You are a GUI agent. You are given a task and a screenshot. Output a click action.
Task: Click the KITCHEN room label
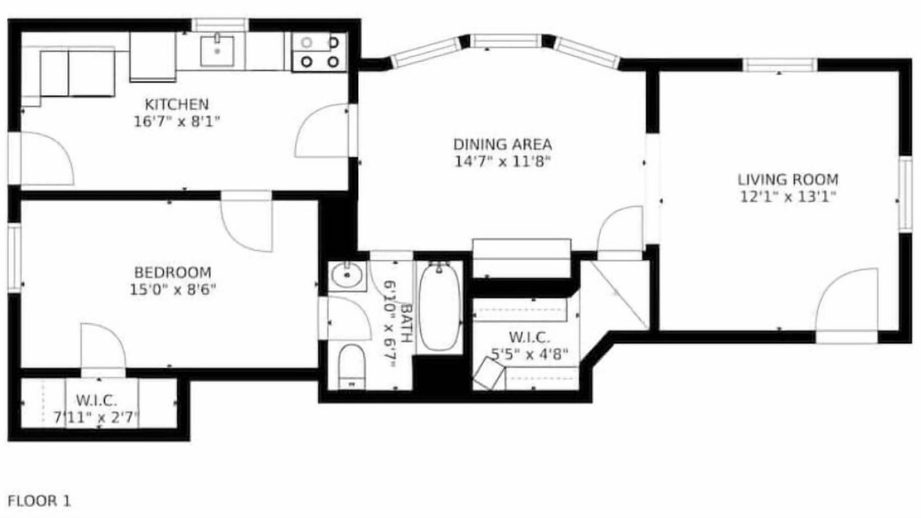177,104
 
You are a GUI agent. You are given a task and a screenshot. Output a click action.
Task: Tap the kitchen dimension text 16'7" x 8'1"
177,122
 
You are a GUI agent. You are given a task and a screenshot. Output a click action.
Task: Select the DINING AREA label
502,145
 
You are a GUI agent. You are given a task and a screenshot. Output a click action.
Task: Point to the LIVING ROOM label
788,180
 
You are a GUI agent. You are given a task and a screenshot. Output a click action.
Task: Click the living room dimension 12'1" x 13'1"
788,197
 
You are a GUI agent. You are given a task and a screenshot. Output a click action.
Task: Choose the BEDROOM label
173,272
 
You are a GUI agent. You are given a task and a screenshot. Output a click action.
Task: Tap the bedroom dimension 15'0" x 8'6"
173,290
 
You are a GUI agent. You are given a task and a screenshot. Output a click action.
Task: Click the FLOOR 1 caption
40,501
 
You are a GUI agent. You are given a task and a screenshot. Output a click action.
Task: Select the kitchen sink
217,51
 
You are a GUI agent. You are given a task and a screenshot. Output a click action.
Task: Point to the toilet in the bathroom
352,367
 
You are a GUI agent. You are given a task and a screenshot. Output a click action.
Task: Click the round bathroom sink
347,276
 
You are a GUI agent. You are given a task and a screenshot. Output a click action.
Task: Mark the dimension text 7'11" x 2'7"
97,418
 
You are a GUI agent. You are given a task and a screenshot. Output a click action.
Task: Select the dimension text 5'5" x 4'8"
530,353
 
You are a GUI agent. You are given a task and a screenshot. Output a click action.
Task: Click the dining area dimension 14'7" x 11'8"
502,162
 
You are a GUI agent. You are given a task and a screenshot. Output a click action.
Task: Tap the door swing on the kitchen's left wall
47,159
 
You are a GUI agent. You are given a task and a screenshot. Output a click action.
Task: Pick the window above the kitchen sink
220,25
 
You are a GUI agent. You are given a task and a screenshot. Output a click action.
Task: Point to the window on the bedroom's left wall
14,258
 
